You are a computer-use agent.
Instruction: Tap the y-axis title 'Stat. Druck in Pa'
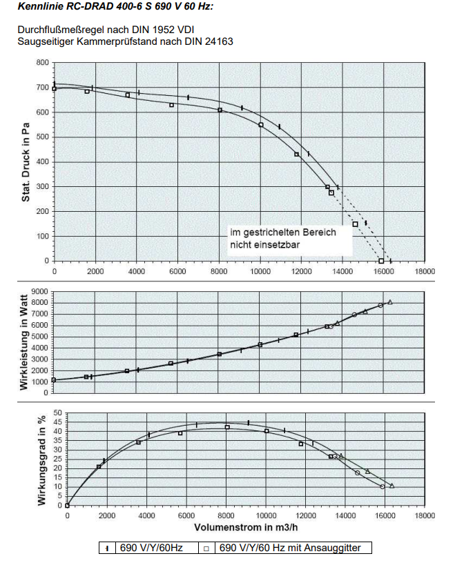[26, 161]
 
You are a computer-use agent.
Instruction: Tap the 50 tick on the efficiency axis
[58, 413]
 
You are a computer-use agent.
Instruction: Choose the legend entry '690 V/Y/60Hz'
[148, 548]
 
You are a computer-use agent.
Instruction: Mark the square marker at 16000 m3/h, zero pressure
[381, 261]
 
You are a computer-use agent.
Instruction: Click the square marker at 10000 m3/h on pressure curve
[261, 125]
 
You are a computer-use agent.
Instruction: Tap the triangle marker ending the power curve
[390, 302]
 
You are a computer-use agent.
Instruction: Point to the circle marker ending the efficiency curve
[382, 486]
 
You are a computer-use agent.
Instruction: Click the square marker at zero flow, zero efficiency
[67, 505]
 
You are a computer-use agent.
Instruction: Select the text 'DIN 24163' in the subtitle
[211, 41]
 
